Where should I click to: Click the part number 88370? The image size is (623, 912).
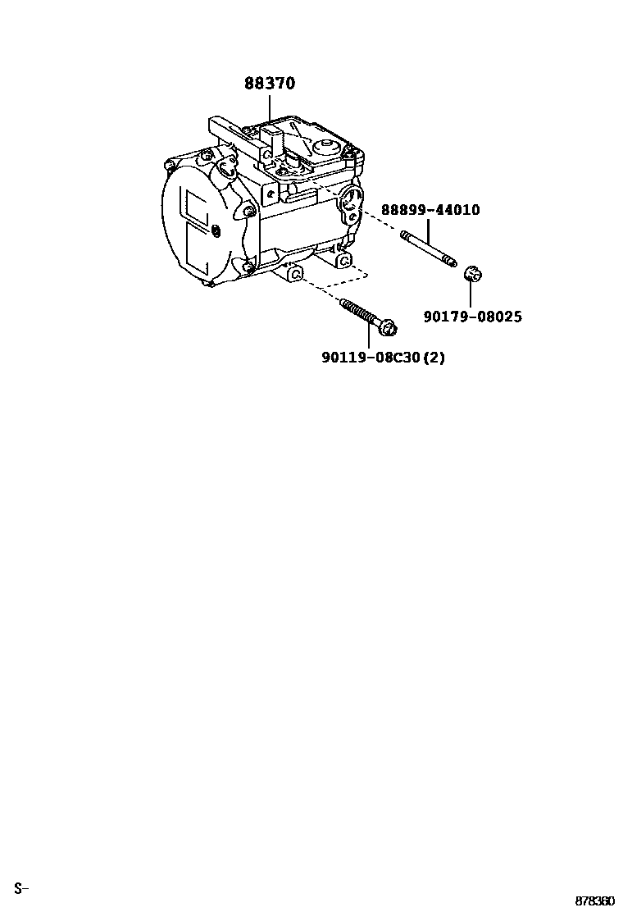pos(270,84)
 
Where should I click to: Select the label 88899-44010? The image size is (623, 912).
pos(430,210)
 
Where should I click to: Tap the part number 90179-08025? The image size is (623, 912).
pos(472,317)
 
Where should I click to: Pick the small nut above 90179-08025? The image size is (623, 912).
pos(471,274)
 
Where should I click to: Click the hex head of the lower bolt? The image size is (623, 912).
pos(390,329)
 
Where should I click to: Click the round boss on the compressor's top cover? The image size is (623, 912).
pos(326,148)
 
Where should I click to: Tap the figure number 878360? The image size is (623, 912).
pos(593,901)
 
